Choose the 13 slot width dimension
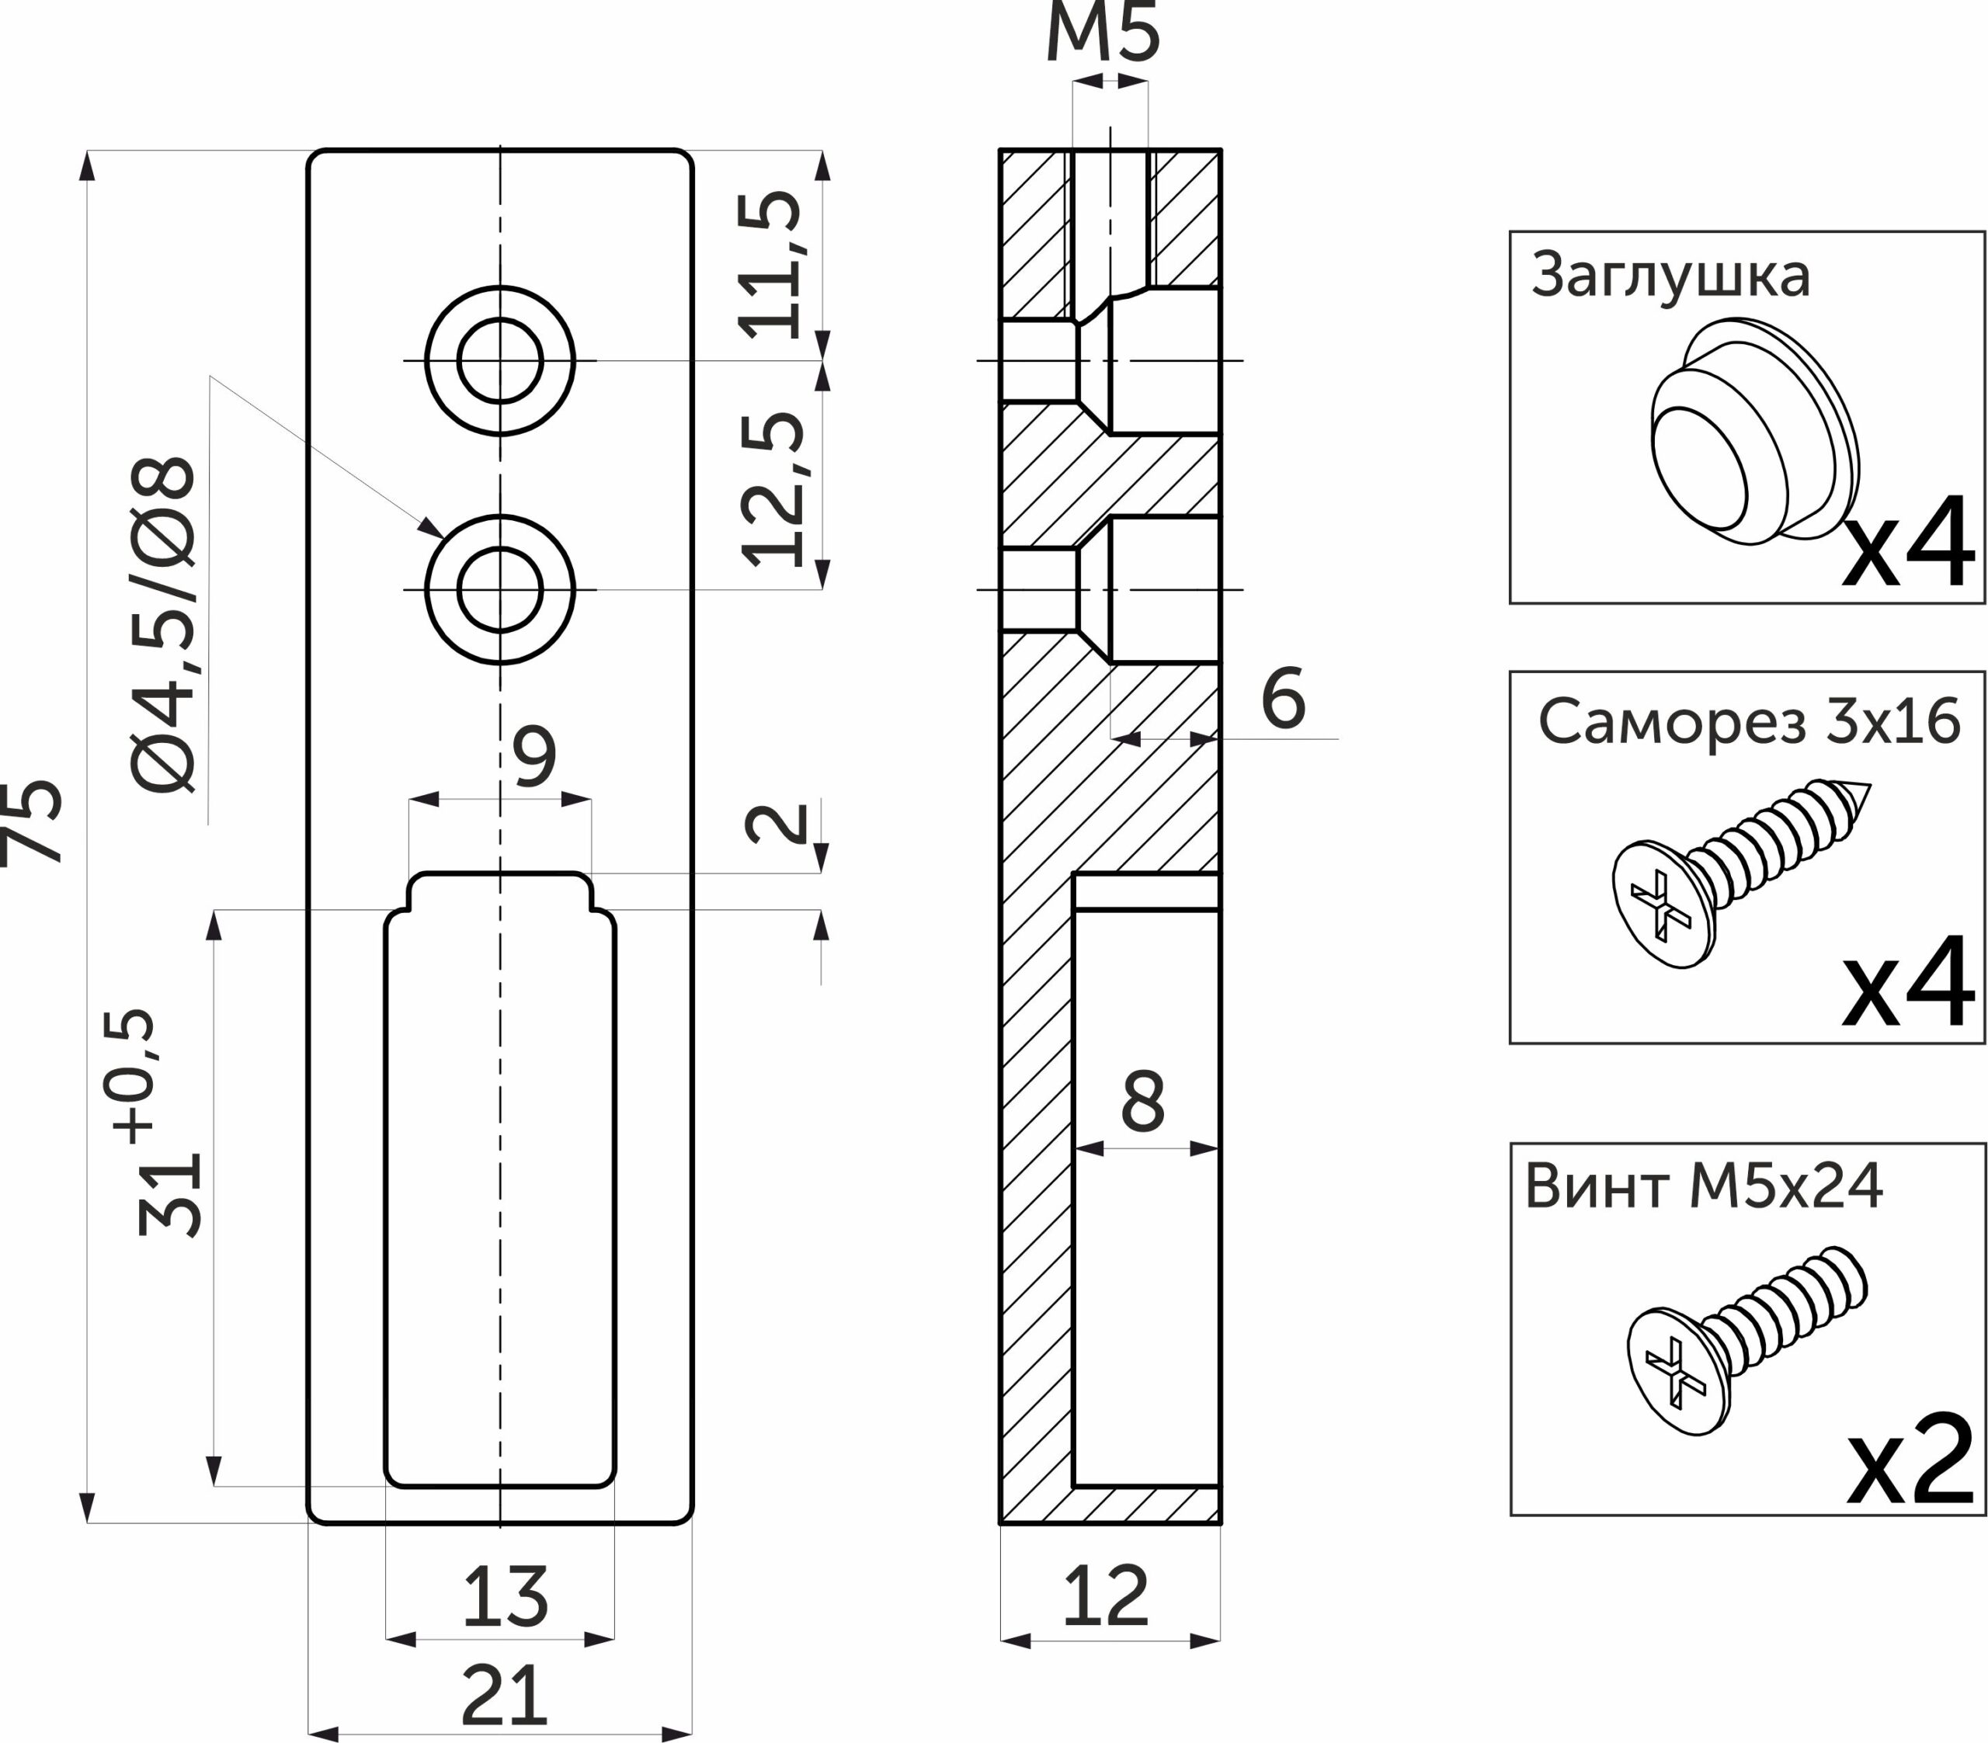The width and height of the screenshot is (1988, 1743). coord(505,1596)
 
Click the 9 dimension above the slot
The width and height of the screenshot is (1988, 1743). coord(534,755)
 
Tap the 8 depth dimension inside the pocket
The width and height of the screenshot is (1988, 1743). coord(1143,1102)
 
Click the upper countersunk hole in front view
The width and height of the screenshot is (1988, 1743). coord(500,361)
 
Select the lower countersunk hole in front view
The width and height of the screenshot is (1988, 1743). coord(500,589)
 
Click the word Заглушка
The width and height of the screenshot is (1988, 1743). coord(1670,276)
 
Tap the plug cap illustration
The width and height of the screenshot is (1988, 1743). coord(1756,430)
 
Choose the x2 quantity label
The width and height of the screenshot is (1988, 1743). coord(1910,1473)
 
